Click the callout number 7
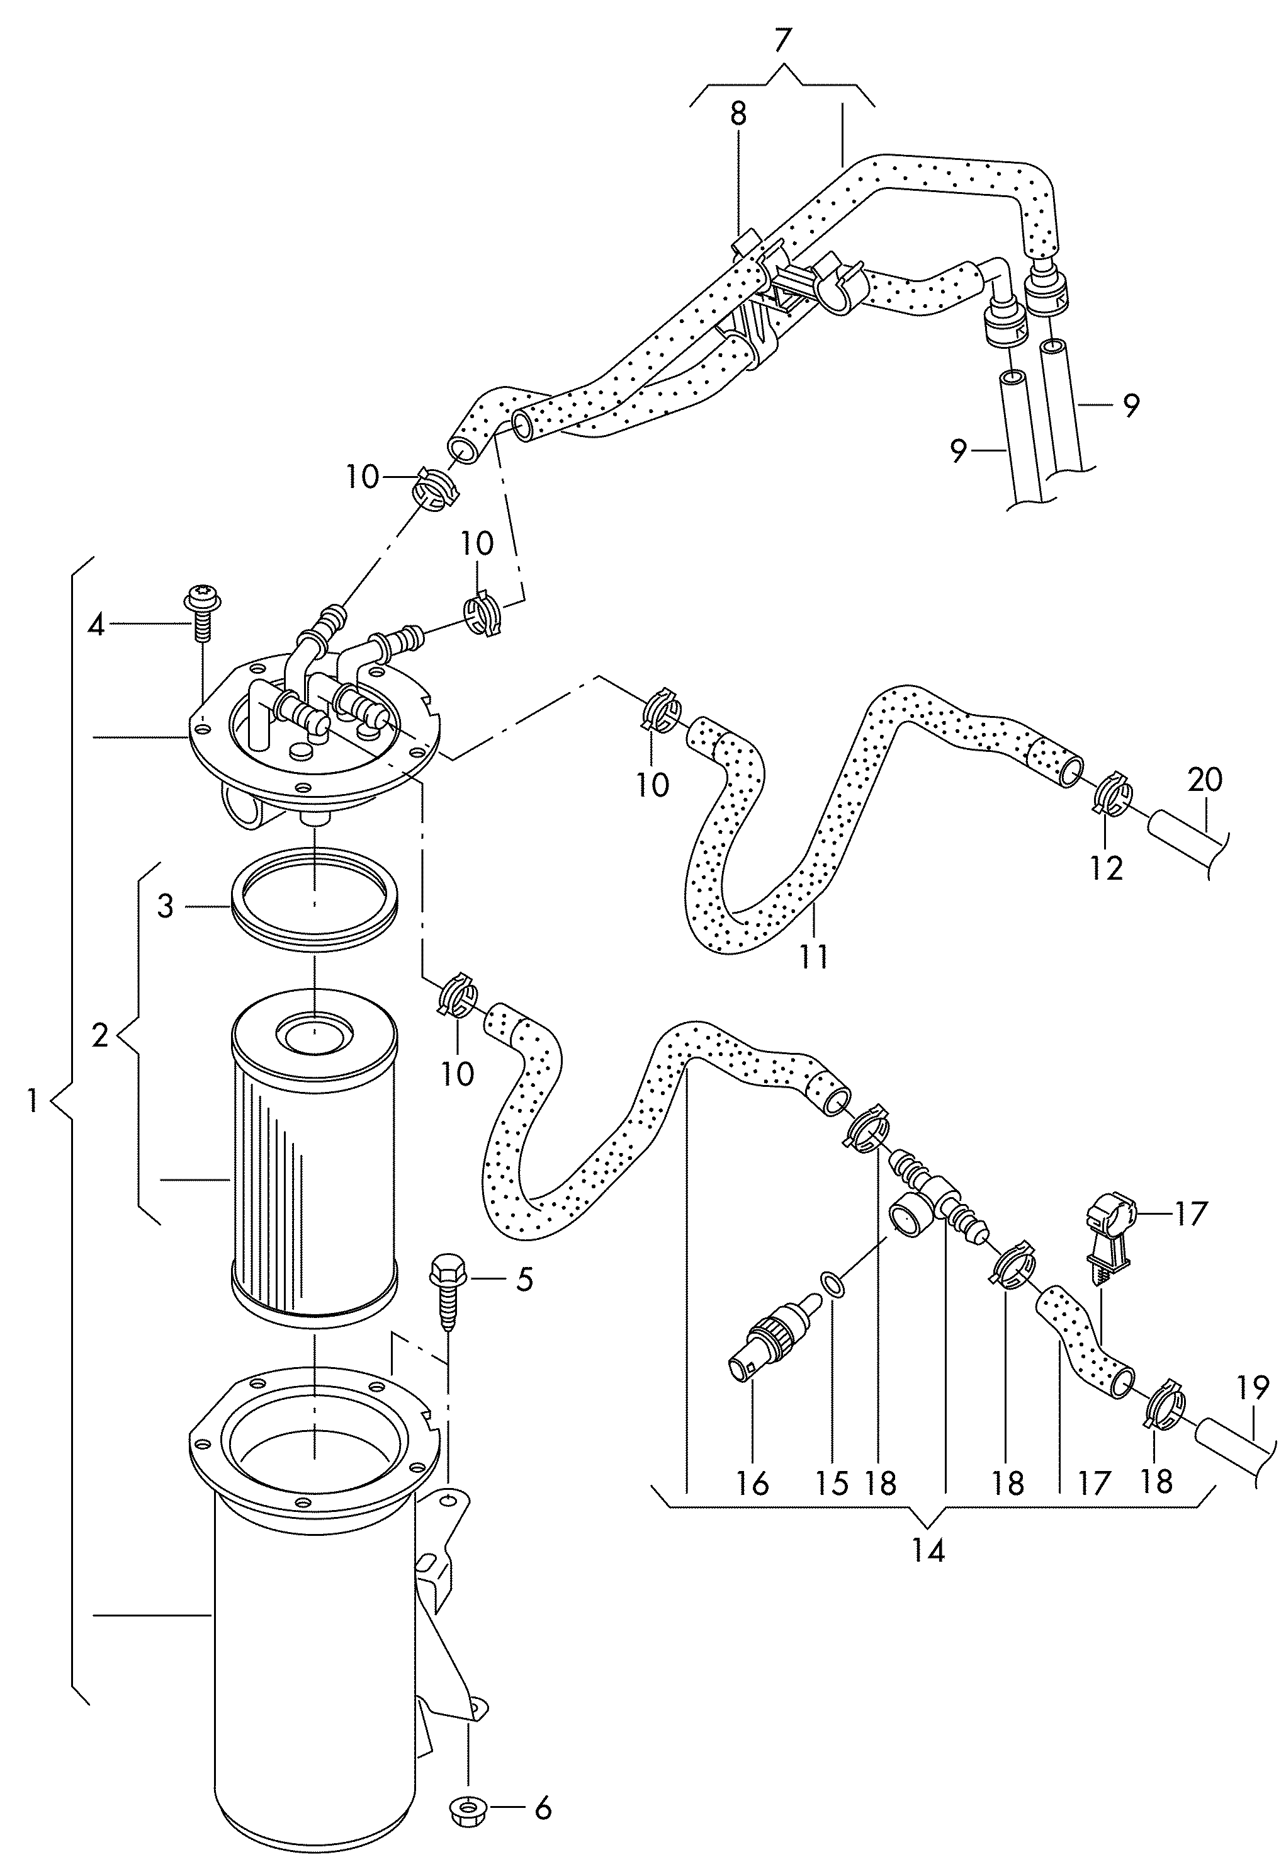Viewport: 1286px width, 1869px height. (x=782, y=40)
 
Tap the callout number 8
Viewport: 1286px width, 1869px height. (x=738, y=115)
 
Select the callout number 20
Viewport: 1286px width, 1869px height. (x=1205, y=780)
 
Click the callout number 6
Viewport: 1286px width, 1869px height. (x=544, y=1826)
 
